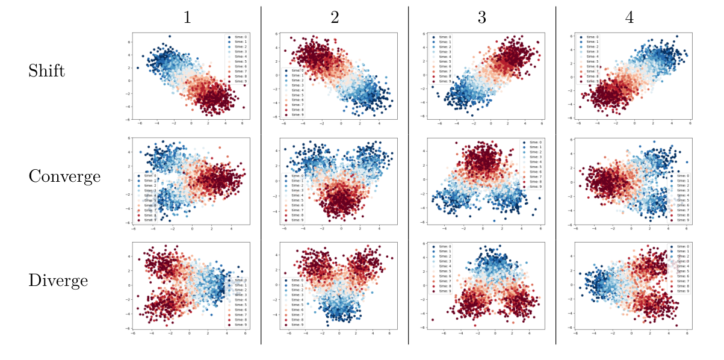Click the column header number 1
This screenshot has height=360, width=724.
tap(187, 18)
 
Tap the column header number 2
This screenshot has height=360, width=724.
tap(335, 18)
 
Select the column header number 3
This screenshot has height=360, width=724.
tap(481, 18)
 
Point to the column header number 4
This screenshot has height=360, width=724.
tap(629, 18)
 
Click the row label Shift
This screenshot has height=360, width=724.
tap(46, 71)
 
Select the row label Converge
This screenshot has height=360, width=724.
tap(64, 176)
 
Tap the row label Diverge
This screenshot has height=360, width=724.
tap(58, 281)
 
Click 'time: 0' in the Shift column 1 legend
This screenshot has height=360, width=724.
tap(237, 37)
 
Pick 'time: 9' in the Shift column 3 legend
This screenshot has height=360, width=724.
tap(445, 81)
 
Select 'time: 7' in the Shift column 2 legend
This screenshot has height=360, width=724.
tap(294, 105)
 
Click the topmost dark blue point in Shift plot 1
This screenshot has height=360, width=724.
tap(170, 37)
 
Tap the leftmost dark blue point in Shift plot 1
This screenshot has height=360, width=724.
tap(138, 68)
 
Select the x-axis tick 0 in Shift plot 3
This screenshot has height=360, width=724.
tap(490, 123)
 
